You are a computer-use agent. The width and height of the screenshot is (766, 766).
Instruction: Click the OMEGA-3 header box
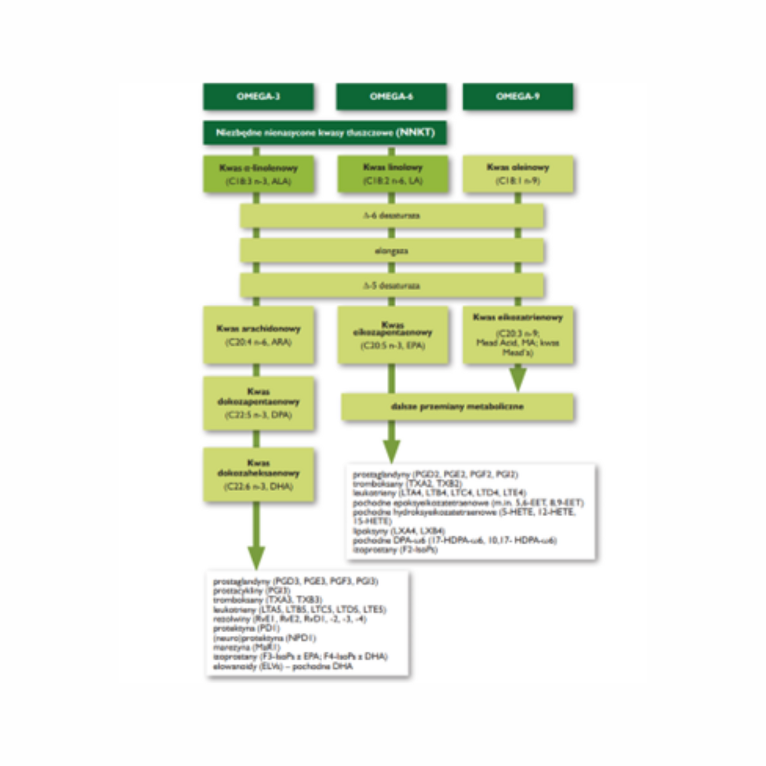(258, 97)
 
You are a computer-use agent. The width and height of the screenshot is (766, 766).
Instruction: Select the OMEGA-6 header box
(391, 97)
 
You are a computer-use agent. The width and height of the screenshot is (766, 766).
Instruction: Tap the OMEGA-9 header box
(518, 97)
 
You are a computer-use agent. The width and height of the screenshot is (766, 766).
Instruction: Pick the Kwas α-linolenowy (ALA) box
(258, 174)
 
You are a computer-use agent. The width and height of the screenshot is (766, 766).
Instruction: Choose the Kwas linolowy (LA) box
(393, 174)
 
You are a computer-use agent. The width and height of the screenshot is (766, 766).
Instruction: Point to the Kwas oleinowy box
(518, 174)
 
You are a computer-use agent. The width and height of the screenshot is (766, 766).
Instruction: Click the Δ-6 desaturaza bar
(392, 216)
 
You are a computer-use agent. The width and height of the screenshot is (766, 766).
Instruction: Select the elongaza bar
(392, 251)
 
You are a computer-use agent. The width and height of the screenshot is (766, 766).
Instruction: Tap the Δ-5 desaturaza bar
(392, 285)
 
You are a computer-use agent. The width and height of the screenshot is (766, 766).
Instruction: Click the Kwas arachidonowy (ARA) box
(258, 335)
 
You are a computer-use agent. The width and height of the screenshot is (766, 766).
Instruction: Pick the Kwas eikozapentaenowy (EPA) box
(393, 335)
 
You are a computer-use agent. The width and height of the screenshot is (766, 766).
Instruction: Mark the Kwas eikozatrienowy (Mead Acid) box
(518, 335)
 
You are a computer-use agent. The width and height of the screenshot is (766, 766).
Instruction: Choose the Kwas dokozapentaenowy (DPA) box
(258, 403)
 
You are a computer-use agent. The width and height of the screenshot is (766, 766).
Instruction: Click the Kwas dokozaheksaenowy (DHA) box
(258, 474)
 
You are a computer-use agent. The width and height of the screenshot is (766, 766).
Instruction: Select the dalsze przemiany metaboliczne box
(457, 407)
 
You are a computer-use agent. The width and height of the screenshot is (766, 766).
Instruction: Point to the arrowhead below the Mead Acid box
(518, 379)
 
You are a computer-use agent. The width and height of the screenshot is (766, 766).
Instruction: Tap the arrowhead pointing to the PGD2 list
(392, 451)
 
